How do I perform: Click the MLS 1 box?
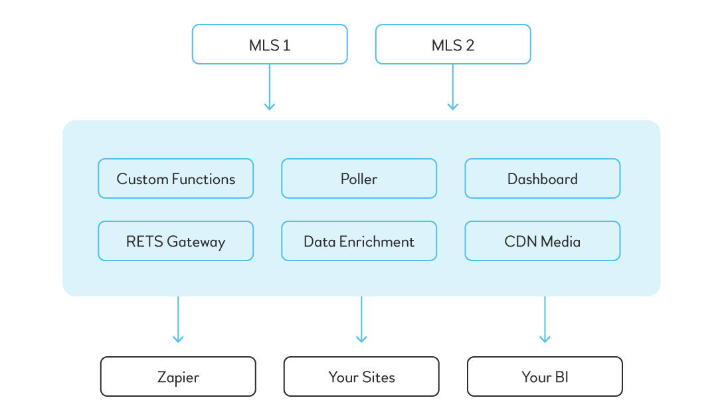[269, 45]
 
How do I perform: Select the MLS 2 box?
[453, 45]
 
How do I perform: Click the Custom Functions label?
[175, 179]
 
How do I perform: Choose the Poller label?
[359, 179]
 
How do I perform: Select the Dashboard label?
[542, 179]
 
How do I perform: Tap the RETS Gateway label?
[175, 242]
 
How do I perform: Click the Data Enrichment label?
[359, 242]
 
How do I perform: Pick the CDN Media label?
[542, 242]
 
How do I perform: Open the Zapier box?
[178, 377]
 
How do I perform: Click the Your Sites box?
[361, 377]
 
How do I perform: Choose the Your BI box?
[545, 377]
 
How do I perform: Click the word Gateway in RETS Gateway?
[196, 243]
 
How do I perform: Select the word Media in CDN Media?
[560, 242]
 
